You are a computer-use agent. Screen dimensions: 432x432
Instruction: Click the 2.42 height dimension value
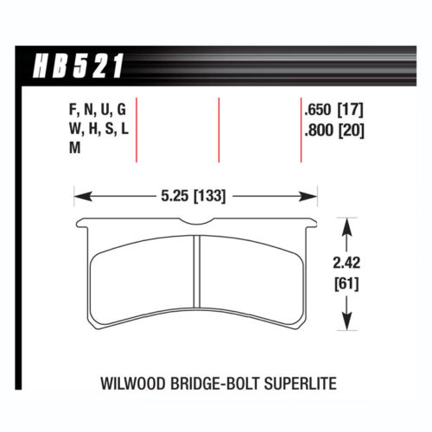point(346,264)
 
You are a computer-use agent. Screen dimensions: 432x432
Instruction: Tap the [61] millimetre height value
point(346,283)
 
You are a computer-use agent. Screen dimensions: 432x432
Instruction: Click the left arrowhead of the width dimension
point(79,196)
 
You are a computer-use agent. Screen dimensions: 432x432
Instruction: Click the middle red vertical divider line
point(219,130)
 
